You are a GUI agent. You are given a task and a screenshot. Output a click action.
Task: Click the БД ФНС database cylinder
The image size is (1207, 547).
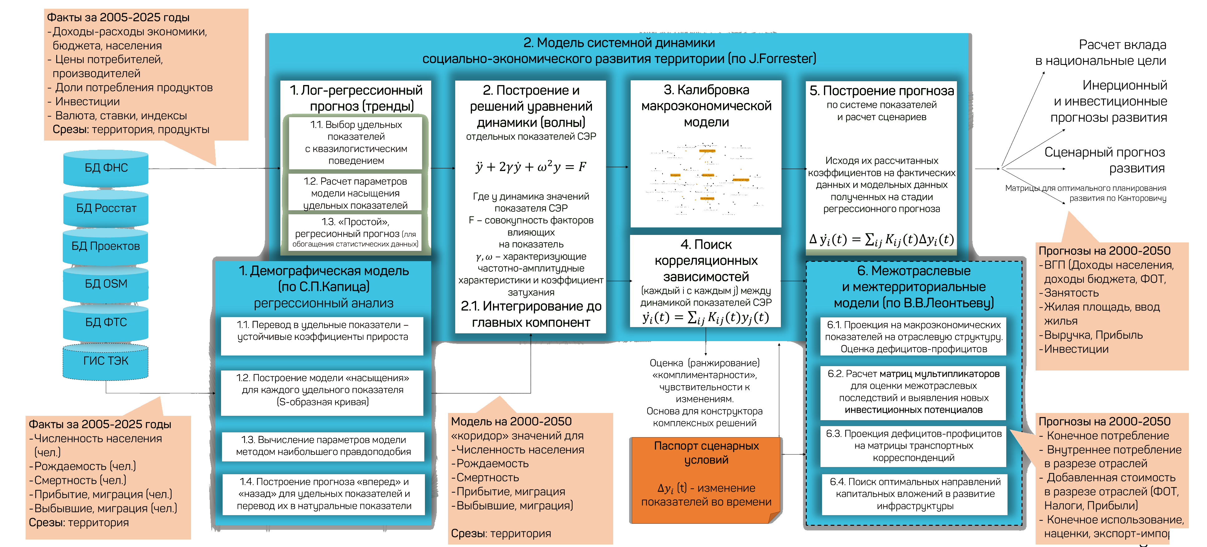click(106, 168)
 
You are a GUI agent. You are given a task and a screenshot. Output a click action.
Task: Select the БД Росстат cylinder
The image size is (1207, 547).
click(106, 209)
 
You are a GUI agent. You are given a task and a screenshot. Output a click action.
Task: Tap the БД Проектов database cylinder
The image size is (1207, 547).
click(106, 246)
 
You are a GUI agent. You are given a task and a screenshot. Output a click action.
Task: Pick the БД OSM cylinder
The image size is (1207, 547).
click(106, 284)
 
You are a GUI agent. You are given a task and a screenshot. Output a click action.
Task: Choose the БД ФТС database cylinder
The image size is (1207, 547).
click(106, 322)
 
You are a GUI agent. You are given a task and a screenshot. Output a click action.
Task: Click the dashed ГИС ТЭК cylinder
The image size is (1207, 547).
click(106, 361)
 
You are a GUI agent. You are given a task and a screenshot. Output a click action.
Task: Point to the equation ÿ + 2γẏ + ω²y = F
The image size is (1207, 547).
click(531, 167)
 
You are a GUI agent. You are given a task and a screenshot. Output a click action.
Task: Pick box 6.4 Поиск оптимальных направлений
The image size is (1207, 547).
click(915, 494)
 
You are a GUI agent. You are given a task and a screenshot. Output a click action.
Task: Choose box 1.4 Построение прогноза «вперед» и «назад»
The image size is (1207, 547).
click(324, 494)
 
